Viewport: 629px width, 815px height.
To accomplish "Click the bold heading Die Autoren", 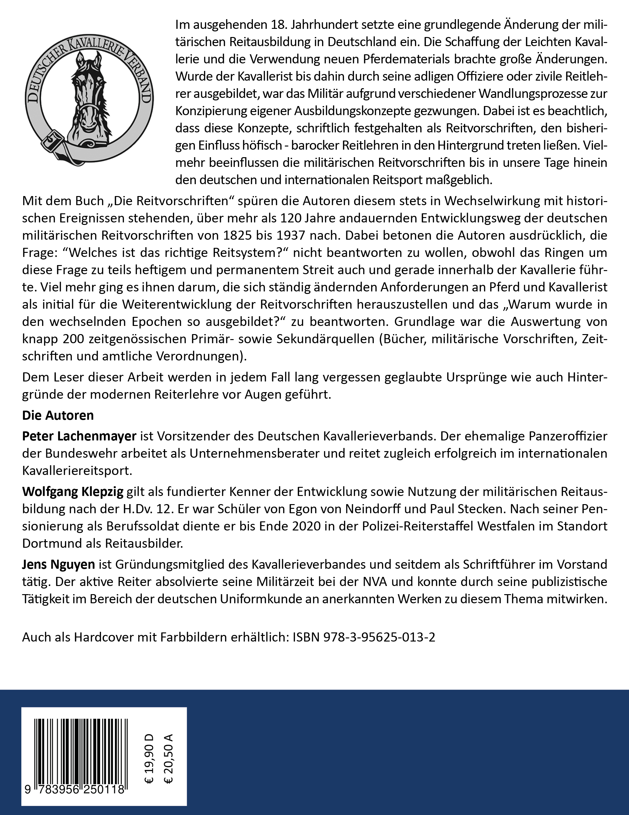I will (58, 415).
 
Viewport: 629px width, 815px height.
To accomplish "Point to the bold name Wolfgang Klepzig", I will (73, 492).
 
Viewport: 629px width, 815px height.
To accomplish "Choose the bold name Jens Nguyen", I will (58, 564).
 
